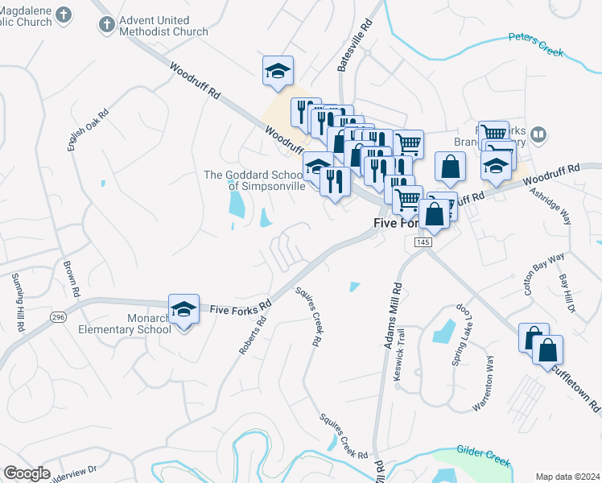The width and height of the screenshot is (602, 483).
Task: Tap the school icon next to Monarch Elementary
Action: tap(183, 309)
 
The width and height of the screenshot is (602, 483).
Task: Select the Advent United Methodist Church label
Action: tap(163, 25)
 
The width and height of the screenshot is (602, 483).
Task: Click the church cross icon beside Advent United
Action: tap(106, 25)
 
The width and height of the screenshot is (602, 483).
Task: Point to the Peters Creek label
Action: tap(536, 45)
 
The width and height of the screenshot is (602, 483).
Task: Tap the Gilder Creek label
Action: tap(482, 456)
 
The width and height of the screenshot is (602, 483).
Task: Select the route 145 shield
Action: tap(423, 242)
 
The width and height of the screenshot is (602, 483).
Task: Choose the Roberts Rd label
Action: tap(252, 335)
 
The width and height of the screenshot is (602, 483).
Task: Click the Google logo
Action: tap(27, 473)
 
